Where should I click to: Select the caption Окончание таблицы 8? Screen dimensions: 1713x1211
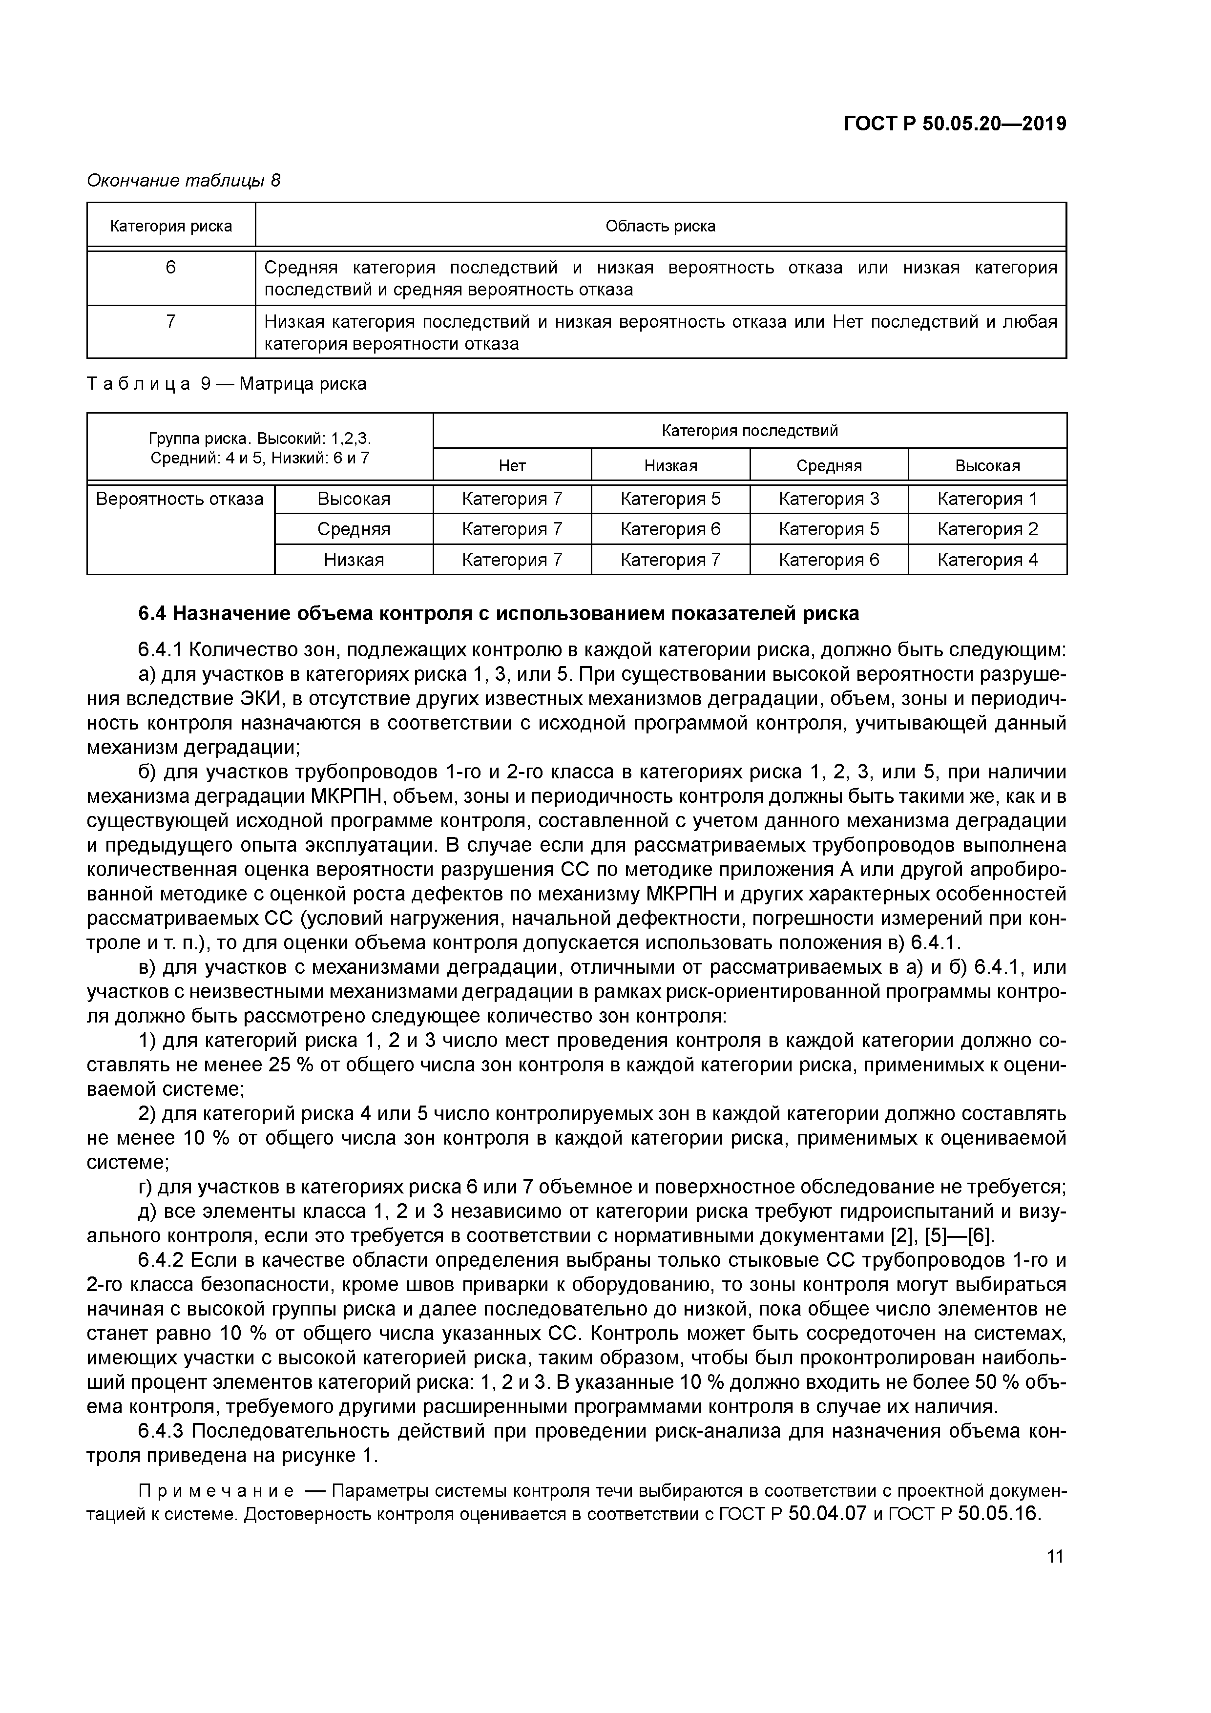[184, 181]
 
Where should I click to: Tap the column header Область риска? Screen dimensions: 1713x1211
[660, 226]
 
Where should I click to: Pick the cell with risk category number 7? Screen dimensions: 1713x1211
[171, 322]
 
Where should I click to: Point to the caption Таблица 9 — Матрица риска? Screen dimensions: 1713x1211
[227, 384]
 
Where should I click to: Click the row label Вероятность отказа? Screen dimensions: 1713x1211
[180, 499]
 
